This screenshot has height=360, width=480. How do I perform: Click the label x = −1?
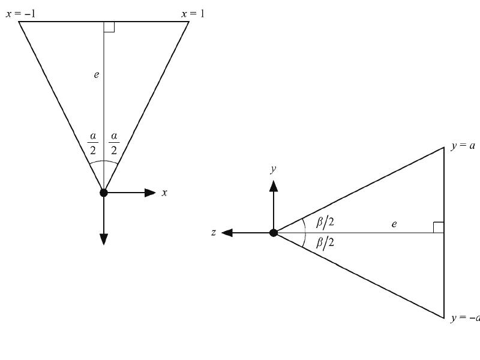coord(20,14)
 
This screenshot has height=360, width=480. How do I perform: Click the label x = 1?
coord(193,14)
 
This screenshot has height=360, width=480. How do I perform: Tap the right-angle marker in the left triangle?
coord(109,27)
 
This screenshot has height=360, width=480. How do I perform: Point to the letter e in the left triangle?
coord(97,74)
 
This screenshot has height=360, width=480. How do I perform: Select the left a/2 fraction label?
coord(93,143)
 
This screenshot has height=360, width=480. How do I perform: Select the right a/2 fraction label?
coord(114,143)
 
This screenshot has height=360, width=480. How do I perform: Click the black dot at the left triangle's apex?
coord(104,193)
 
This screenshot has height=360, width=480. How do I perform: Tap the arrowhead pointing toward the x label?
coord(150,193)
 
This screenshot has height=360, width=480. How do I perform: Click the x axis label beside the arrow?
coord(164,193)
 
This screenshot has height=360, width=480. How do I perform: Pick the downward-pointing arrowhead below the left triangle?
coord(104,239)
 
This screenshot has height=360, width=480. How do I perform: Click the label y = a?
coord(463,146)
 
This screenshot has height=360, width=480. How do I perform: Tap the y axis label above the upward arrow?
coord(274,169)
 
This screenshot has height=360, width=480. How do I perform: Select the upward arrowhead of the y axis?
coord(274,186)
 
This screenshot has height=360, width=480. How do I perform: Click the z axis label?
coord(214,233)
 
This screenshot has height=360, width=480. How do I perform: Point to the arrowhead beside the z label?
coord(227,233)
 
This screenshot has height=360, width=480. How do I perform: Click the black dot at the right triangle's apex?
coord(274,233)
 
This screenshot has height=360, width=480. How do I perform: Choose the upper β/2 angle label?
coord(325,221)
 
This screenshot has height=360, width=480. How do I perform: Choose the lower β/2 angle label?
coord(325,243)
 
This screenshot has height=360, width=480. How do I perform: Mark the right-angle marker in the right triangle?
coord(439,227)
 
